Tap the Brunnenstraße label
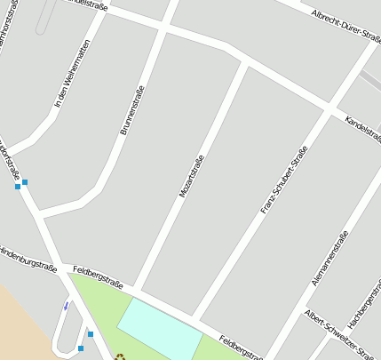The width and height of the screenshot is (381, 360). pos(131,110)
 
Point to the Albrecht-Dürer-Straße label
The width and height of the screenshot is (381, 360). pos(345,27)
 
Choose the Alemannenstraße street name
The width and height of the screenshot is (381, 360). pos(329,258)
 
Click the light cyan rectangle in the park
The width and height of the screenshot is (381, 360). pos(160,329)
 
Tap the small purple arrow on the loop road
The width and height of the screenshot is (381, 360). pos(65,306)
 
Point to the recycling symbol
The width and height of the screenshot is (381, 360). pos(120,357)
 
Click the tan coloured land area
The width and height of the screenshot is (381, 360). pos(22,320)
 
